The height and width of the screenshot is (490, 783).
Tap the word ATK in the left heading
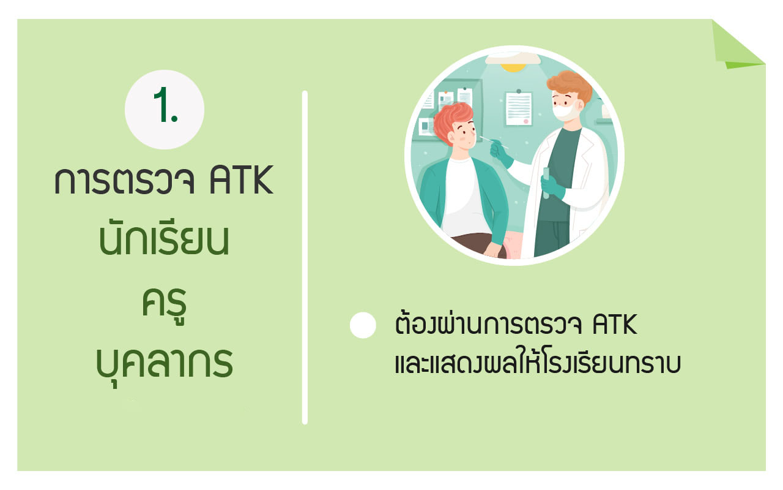[241, 180]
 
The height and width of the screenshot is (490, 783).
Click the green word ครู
[164, 304]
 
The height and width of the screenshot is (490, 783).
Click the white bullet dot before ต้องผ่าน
[363, 325]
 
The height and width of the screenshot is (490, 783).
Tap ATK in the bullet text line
[615, 325]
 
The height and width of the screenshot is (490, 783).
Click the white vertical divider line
[305, 258]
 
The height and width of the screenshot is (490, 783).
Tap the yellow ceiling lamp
[513, 67]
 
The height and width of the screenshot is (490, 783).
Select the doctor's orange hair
[569, 85]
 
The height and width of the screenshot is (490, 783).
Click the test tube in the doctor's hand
[546, 183]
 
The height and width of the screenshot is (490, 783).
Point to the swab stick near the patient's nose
[494, 141]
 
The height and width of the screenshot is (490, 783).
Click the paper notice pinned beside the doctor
[519, 108]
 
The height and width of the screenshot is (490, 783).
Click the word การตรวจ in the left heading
[124, 181]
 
